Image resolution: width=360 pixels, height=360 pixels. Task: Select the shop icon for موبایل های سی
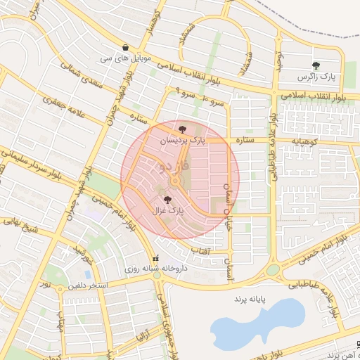pos(125,48)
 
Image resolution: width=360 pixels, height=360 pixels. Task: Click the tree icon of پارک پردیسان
pos(183,129)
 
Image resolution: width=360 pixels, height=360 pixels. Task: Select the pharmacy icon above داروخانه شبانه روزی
pos(156,258)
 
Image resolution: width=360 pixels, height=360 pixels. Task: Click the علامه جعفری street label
pos(65,107)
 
